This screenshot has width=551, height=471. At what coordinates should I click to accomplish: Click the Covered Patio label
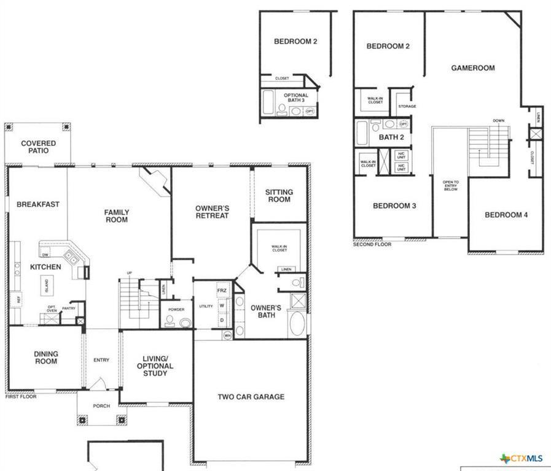(39, 147)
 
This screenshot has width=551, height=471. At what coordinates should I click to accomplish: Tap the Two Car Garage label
(251, 397)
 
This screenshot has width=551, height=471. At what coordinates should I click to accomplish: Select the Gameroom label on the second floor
(472, 68)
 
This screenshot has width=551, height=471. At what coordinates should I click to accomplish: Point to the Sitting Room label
(279, 196)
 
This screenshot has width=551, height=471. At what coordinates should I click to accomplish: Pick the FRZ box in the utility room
(222, 290)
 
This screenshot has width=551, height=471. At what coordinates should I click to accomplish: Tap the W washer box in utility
(222, 305)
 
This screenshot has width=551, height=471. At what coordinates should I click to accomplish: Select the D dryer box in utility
(222, 320)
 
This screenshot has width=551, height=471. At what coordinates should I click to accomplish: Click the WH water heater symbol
(227, 335)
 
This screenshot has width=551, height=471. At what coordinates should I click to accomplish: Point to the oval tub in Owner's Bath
(296, 324)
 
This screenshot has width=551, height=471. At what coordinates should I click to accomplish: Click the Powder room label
(176, 310)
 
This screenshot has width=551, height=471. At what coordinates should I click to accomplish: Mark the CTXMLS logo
(522, 458)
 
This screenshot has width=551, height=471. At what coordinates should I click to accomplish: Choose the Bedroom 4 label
(506, 215)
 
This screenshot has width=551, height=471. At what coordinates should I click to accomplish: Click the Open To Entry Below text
(451, 186)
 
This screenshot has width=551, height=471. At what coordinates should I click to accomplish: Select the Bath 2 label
(391, 137)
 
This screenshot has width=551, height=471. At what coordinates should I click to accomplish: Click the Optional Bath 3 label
(295, 99)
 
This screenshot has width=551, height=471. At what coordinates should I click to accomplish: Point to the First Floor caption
(21, 397)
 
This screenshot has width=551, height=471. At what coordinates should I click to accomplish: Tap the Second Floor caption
(372, 244)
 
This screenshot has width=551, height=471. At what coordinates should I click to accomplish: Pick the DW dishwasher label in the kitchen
(45, 255)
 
